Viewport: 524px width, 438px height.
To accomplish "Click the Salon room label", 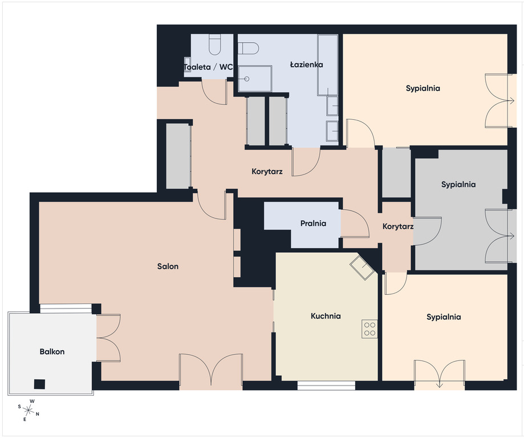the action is click(x=168, y=266).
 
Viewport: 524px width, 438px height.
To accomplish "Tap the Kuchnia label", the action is click(x=326, y=316).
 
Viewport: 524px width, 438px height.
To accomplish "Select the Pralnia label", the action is click(x=313, y=224).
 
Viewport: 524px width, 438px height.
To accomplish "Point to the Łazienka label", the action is click(x=306, y=64).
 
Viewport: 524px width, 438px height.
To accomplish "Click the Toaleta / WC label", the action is click(x=208, y=67).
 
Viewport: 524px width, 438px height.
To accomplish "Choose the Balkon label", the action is click(x=52, y=352).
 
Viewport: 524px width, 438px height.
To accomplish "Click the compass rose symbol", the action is click(x=29, y=409).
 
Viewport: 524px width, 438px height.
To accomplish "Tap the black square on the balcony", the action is click(x=39, y=384).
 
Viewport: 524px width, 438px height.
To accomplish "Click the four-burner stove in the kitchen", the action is click(x=369, y=328).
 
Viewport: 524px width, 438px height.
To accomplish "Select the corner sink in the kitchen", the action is click(x=362, y=266).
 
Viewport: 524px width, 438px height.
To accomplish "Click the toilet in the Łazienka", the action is click(x=249, y=48).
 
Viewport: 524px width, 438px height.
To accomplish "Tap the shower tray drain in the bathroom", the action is click(x=247, y=79).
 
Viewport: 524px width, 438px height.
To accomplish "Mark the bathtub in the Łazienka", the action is click(x=328, y=65).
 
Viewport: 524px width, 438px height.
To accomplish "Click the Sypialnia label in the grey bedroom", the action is click(x=458, y=185).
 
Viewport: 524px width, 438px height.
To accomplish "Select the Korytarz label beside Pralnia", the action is click(x=398, y=226).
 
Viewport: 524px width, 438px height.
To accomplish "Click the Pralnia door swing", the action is click(x=355, y=224).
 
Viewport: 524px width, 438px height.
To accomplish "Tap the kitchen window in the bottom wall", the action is click(x=326, y=386).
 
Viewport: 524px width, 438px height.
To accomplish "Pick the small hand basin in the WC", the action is click(x=187, y=64).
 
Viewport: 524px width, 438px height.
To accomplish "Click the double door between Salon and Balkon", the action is click(x=108, y=338).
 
